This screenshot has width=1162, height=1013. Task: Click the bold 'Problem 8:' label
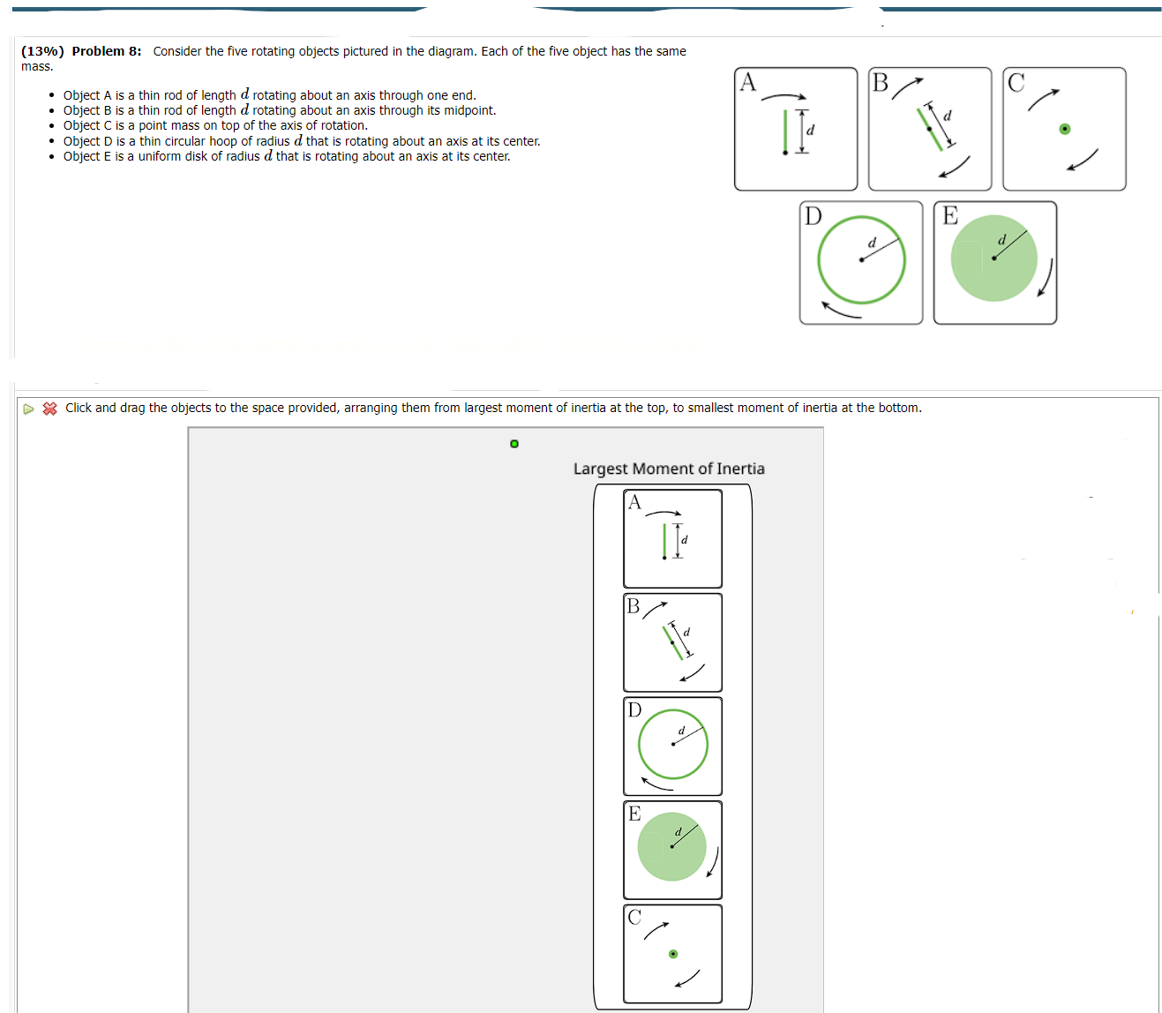[106, 51]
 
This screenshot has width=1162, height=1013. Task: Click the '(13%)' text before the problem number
[42, 51]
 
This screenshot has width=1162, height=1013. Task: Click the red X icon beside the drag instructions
[50, 409]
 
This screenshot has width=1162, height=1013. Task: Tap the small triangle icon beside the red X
[29, 409]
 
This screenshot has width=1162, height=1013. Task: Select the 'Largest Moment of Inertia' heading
[669, 469]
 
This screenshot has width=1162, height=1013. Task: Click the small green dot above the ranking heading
[514, 443]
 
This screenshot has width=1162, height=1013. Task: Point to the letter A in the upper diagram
[748, 82]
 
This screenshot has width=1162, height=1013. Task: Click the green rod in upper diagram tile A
[785, 131]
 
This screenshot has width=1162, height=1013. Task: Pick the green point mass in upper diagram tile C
[1065, 130]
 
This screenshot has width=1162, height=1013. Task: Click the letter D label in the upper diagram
[813, 216]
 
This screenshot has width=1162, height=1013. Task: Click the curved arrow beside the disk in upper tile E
[1046, 278]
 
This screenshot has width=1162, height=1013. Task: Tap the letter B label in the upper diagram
[881, 83]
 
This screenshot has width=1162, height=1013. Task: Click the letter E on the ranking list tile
[634, 814]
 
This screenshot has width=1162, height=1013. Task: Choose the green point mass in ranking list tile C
[673, 954]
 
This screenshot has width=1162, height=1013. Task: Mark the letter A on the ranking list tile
[634, 503]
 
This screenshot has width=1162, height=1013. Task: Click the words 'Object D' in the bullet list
[87, 141]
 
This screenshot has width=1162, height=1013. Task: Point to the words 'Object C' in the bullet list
[87, 125]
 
